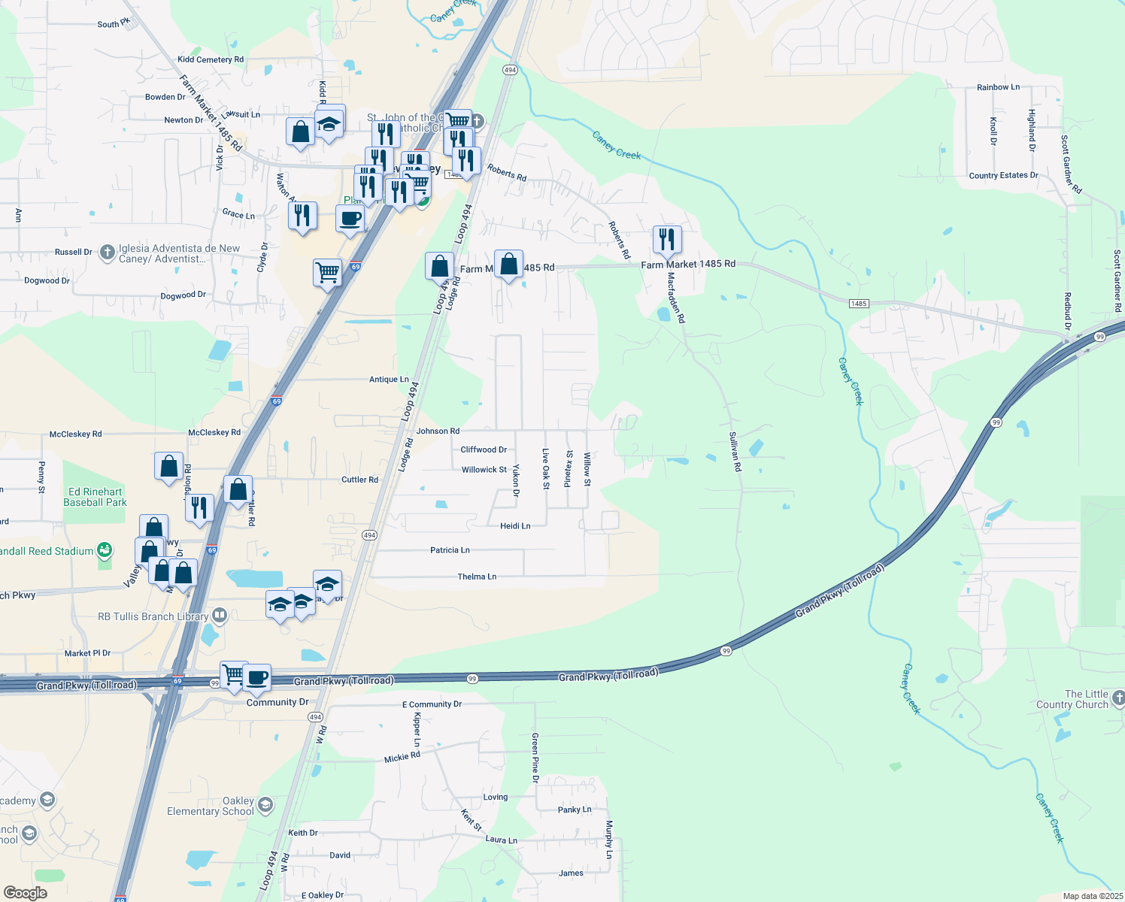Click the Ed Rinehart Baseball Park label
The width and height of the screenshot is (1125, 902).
95,497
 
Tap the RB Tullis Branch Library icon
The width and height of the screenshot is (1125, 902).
220,616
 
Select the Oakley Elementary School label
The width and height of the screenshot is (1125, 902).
211,806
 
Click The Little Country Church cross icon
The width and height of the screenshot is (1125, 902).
1118,699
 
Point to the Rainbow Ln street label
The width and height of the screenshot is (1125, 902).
998,87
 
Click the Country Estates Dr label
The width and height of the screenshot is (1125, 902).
1003,175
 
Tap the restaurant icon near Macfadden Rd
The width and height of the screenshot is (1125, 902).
666,240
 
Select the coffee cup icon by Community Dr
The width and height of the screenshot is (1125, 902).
256,678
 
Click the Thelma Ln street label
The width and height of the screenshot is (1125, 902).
477,577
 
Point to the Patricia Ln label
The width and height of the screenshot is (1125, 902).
450,550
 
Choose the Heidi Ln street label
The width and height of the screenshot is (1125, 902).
515,526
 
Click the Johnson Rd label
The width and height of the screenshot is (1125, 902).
438,431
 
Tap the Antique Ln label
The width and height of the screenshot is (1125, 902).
389,380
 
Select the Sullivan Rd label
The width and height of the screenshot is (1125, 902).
735,452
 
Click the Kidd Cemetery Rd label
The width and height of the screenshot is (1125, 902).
211,59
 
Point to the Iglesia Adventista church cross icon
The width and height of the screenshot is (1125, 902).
108,253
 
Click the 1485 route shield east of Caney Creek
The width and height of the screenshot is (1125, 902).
859,304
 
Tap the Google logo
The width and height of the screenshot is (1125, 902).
26,893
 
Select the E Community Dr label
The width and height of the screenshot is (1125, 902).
432,704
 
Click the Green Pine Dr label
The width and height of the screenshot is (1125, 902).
535,758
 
